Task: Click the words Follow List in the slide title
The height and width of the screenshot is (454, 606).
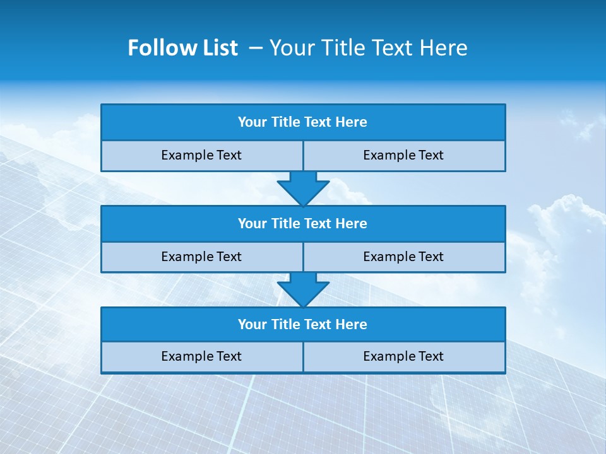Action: [182, 48]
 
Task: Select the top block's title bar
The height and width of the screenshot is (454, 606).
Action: [303, 122]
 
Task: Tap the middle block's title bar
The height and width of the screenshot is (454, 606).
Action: [303, 223]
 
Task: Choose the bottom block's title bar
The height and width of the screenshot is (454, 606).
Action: [303, 325]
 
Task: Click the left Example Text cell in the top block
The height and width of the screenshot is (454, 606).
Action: [201, 155]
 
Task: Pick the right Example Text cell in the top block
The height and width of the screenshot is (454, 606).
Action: [404, 155]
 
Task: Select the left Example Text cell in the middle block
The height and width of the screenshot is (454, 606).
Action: [201, 257]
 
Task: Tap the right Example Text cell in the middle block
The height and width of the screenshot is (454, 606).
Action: [404, 257]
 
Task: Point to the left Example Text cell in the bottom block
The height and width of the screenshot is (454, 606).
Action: [201, 356]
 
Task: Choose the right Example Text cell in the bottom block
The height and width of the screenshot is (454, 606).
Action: [404, 356]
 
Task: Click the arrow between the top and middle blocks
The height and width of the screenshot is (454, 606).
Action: [303, 188]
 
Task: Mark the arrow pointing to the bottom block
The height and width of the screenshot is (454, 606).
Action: [303, 289]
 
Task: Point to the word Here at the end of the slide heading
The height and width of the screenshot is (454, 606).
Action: [444, 48]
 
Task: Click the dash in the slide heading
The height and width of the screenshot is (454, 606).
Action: [256, 48]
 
